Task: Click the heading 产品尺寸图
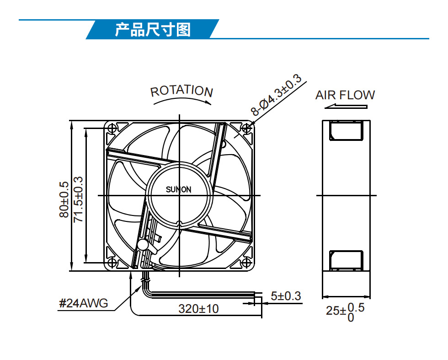pos(153,29)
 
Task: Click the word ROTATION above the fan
pos(182,91)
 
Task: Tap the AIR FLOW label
pos(345,95)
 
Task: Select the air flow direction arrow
pos(346,107)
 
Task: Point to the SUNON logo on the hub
pos(179,189)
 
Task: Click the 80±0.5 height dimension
pos(64,199)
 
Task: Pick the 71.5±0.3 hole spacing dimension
pos(78,199)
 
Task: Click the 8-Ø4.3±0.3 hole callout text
pos(276,95)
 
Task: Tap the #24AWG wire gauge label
pos(83,303)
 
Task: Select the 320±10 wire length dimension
pos(198,309)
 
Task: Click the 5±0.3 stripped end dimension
pos(286,296)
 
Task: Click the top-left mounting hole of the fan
pos(112,128)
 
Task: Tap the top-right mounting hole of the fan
pos(246,128)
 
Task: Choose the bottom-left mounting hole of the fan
pos(112,263)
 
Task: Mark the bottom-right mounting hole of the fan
pos(246,263)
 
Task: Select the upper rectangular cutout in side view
pos(347,130)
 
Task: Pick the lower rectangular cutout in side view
pos(347,260)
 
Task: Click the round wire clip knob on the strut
pos(143,245)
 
